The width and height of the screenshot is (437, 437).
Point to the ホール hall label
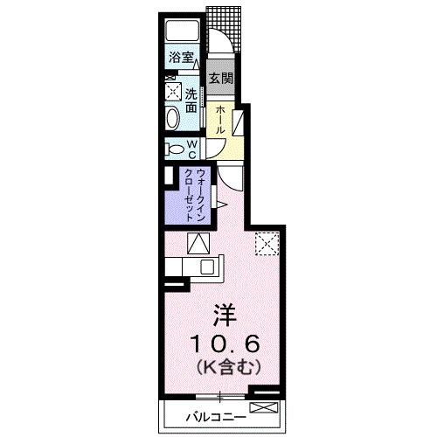[x=220, y=119]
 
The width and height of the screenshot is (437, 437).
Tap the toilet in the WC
[x=172, y=149]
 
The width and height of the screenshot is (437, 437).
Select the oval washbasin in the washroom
[x=172, y=118]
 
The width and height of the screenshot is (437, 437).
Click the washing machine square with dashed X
[x=171, y=91]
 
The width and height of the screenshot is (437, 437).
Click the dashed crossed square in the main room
[x=265, y=244]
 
